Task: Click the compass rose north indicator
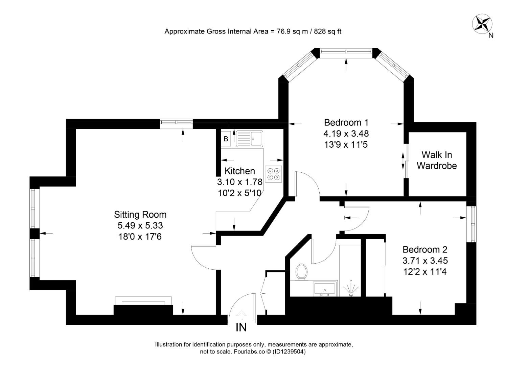482,25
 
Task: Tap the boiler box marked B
226,139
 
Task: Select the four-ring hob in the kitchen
274,174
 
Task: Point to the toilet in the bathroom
301,272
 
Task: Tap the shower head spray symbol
351,288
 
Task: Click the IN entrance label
241,327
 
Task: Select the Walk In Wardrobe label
437,160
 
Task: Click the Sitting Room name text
140,215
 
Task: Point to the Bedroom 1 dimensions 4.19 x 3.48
346,133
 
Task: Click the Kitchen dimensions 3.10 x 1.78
239,182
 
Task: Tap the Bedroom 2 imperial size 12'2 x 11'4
425,271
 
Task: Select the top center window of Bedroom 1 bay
346,51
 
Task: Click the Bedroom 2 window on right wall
473,224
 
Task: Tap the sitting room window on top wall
176,124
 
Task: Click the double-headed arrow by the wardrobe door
403,161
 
